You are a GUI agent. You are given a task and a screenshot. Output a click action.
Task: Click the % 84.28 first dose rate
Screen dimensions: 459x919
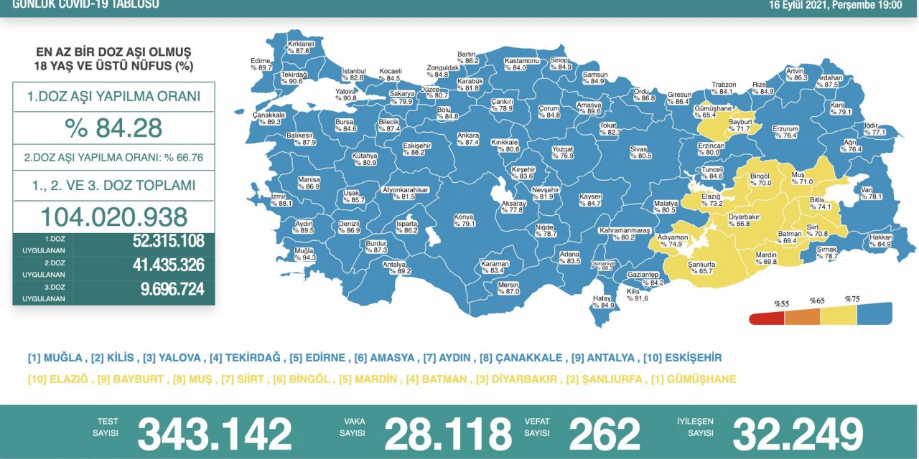113,128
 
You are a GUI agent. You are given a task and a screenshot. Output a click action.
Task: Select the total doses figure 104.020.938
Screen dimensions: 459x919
113,217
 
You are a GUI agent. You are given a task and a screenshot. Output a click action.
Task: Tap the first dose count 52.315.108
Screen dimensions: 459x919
168,242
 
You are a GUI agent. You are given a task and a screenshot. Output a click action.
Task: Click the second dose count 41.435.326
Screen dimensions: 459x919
168,265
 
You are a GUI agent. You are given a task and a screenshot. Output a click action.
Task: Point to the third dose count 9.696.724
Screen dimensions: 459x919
168,289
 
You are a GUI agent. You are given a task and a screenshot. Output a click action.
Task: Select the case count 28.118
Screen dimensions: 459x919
448,435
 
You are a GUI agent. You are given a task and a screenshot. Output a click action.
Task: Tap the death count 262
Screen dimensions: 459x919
604,435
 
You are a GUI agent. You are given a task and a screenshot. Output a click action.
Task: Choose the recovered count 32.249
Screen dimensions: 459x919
797,435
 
